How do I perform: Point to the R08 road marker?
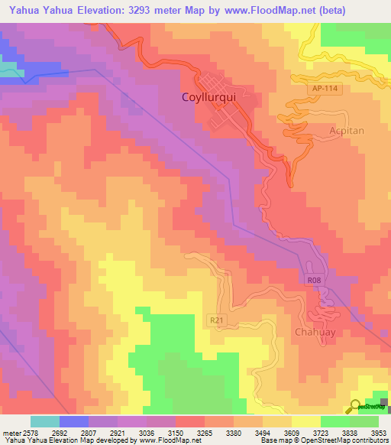314,281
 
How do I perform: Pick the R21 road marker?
217,320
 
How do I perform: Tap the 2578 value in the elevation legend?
31,432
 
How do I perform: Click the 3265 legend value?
205,432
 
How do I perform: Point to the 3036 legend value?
147,432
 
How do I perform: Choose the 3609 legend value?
292,432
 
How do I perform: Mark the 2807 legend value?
89,432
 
